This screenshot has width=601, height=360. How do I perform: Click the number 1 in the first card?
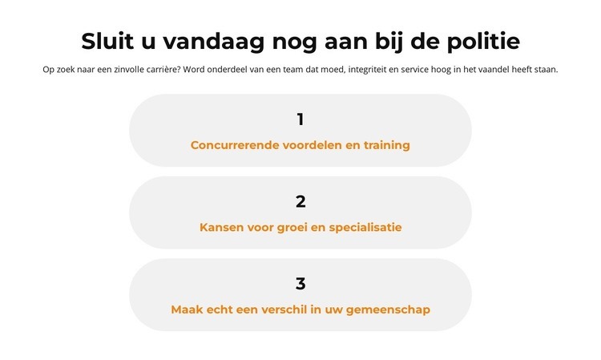tap(300, 119)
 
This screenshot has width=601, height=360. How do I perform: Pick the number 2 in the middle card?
tap(300, 202)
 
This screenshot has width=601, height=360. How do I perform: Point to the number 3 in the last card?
tap(300, 284)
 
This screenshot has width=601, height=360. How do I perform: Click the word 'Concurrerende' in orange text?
tap(234, 145)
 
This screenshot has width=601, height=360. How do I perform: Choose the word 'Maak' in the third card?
tap(188, 309)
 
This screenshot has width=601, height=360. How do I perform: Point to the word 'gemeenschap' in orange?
tap(389, 309)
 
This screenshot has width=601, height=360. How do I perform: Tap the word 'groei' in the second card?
tap(288, 228)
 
